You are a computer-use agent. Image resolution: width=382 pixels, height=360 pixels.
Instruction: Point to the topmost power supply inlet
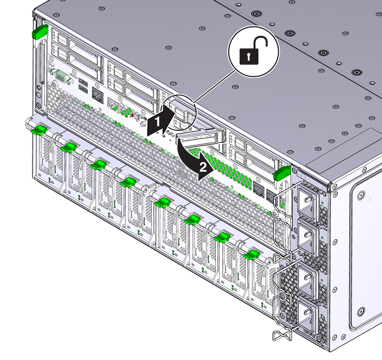pos(308,203)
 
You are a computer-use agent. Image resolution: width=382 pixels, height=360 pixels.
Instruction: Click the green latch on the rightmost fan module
pos(252,255)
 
